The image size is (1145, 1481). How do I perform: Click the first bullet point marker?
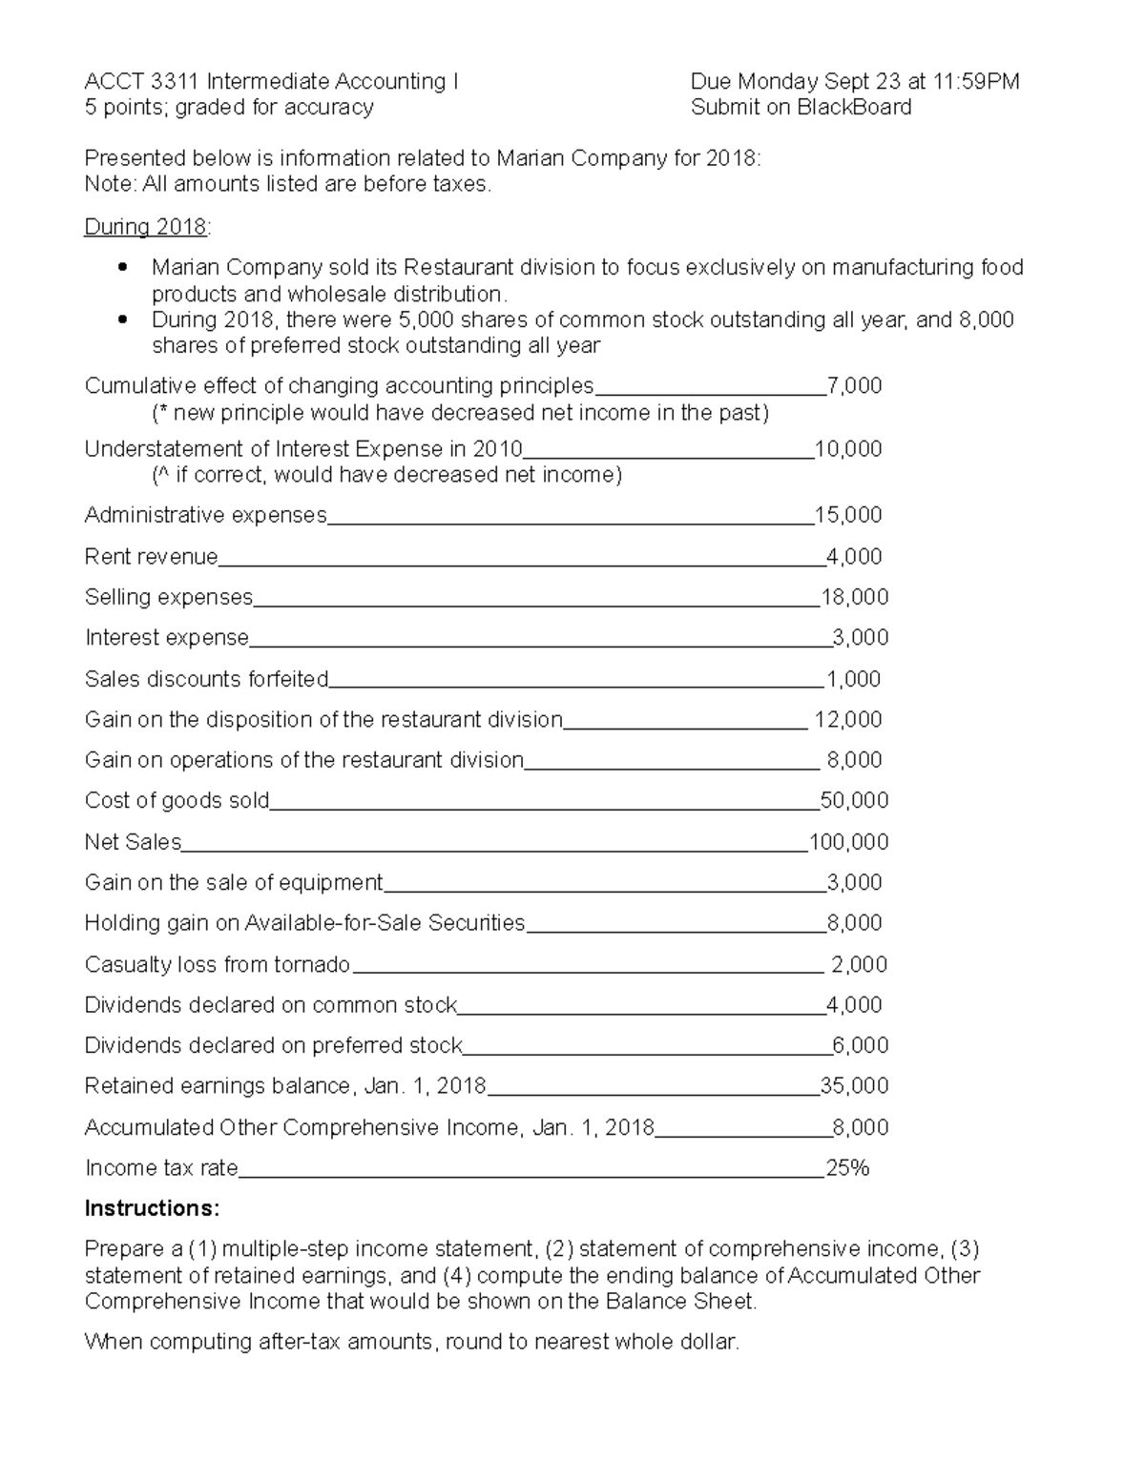121,268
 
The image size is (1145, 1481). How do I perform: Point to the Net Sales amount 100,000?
848,842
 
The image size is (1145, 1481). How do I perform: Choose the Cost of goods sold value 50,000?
854,801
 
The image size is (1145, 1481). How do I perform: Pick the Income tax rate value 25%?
847,1168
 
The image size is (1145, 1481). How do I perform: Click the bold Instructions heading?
152,1209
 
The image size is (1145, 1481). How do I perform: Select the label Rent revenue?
151,557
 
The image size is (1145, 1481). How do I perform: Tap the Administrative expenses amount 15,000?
848,516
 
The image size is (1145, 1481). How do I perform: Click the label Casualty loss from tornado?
217,965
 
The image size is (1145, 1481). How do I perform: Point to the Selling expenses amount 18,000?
854,598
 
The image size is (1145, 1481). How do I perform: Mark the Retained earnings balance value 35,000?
854,1086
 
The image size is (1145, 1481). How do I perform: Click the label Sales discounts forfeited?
206,679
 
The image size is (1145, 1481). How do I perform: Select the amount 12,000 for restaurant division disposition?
848,720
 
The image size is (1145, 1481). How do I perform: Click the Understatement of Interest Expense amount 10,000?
848,449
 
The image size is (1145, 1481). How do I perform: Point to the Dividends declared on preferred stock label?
273,1046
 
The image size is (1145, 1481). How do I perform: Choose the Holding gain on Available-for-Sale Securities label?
304,923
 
